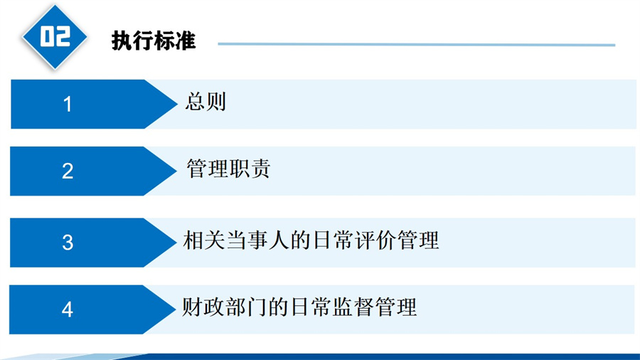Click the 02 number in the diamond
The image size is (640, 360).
55,36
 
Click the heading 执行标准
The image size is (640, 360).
154,41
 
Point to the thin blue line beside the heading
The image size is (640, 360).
416,44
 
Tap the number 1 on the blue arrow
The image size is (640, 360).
68,104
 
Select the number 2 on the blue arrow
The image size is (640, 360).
68,171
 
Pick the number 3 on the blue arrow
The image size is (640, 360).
68,243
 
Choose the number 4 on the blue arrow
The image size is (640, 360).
68,309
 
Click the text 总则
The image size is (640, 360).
206,101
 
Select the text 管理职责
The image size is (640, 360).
228,168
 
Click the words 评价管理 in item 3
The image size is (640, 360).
396,240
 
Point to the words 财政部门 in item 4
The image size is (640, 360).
224,307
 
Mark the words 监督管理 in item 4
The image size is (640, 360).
374,307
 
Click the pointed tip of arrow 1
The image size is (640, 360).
177,104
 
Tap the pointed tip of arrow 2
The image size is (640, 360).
176,171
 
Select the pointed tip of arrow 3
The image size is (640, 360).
176,243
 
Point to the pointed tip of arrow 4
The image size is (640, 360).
176,309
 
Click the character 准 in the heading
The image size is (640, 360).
186,41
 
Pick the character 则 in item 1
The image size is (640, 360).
216,101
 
